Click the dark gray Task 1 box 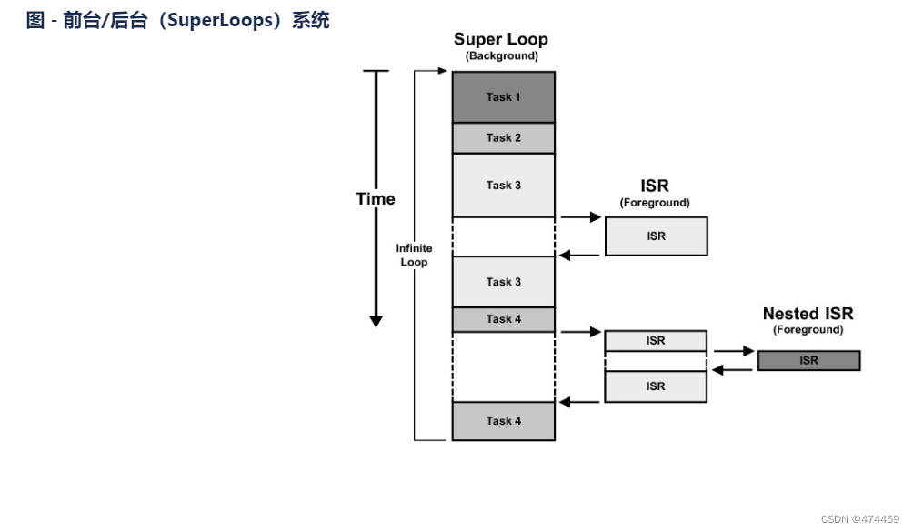pos(504,97)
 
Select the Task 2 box pos(504,138)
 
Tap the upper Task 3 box pos(504,186)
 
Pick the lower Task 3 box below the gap pos(504,282)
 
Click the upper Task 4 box pos(504,319)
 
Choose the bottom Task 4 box pos(504,421)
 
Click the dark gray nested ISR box pos(808,360)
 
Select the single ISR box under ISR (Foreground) pos(657,236)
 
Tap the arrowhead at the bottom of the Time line pos(376,321)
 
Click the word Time pos(376,199)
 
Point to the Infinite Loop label pos(414,255)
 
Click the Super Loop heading pos(501,40)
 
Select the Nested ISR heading pos(808,314)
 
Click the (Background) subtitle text pos(501,55)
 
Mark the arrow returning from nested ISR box pos(733,369)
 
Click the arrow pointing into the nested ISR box pos(734,351)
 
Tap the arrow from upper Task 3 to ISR pos(580,217)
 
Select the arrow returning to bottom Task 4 pos(578,402)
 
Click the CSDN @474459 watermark pos(860,519)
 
